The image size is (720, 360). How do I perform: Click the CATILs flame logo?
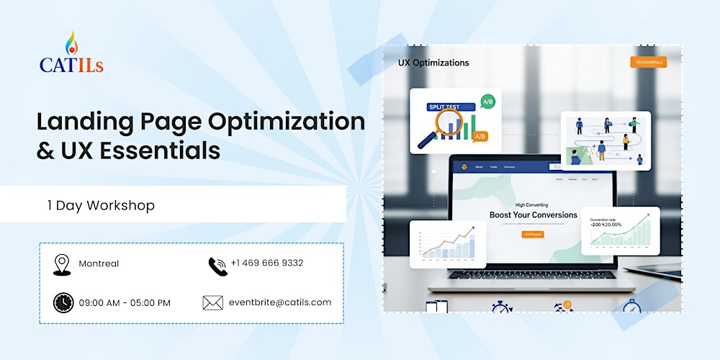pos(71,43)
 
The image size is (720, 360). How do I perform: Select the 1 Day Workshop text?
pos(101,205)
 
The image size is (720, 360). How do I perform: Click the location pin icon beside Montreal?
pos(61,264)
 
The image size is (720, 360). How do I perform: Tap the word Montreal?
pos(99,264)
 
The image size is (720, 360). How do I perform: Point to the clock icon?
pos(63,302)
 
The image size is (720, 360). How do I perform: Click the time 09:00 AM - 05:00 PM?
pos(125,302)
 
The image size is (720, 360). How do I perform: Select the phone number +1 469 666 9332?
pos(267,263)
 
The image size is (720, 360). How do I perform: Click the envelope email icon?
pos(212,303)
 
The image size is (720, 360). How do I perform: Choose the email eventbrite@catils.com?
pos(281,302)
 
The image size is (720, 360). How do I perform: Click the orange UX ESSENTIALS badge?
pos(647,63)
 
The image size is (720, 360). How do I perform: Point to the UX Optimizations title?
pos(433,63)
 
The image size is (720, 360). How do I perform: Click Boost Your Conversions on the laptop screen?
pos(534,215)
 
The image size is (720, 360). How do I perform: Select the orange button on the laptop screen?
pos(534,235)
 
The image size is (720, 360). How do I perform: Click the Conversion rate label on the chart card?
pos(604,219)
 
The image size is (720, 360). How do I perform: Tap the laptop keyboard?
pos(533,273)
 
